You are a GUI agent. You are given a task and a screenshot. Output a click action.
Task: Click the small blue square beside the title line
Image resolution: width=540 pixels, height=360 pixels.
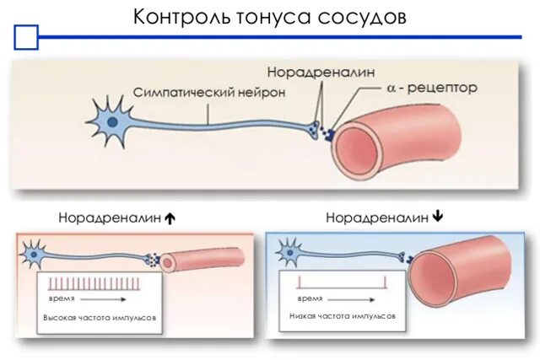tap(27, 38)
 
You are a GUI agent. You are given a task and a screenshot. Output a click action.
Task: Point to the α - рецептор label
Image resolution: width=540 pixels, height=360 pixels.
tap(432, 87)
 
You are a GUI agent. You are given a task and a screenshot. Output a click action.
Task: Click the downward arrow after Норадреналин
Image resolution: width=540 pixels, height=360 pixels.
tap(437, 217)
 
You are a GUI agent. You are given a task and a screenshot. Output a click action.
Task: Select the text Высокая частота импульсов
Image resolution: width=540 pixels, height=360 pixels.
tap(100, 317)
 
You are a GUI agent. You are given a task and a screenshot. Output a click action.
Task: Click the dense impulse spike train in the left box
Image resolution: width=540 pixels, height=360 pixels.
tap(91, 283)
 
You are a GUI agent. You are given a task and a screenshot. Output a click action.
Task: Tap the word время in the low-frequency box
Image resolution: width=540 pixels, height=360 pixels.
tap(310, 298)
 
